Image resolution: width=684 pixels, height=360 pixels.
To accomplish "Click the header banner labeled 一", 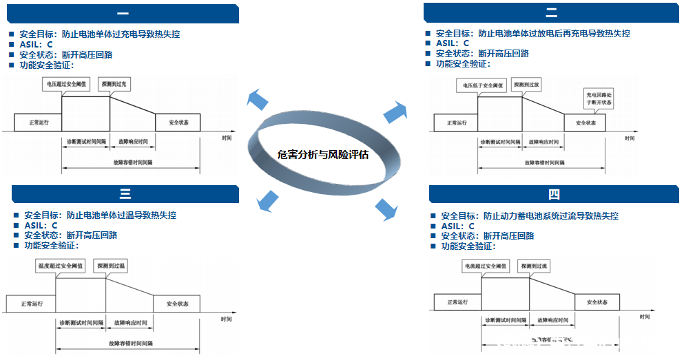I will (122, 14).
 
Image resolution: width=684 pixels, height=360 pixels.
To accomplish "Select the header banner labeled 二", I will (552, 14).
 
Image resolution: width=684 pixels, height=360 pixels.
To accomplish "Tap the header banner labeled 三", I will (125, 194).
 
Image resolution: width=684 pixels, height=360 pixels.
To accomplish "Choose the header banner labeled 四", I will (555, 194).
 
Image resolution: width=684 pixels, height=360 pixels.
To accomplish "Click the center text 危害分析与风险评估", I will (322, 155).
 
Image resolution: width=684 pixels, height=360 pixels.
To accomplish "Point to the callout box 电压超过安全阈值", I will (66, 83).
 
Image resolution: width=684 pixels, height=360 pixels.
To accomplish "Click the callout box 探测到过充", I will (114, 83).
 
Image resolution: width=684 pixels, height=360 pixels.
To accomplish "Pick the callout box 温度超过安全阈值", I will (60, 265).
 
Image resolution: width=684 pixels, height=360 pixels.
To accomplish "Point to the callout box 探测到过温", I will (110, 265).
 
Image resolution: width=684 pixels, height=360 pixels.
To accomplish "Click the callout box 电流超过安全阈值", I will (486, 266).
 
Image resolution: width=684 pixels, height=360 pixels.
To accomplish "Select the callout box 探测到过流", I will (534, 266).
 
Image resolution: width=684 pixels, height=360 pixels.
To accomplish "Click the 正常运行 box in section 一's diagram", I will (38, 122).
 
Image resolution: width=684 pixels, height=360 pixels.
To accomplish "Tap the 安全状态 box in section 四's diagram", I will (597, 301).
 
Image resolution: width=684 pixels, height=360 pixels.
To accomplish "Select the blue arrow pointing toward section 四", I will (387, 210).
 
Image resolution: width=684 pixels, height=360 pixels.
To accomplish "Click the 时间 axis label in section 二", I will (629, 138).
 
